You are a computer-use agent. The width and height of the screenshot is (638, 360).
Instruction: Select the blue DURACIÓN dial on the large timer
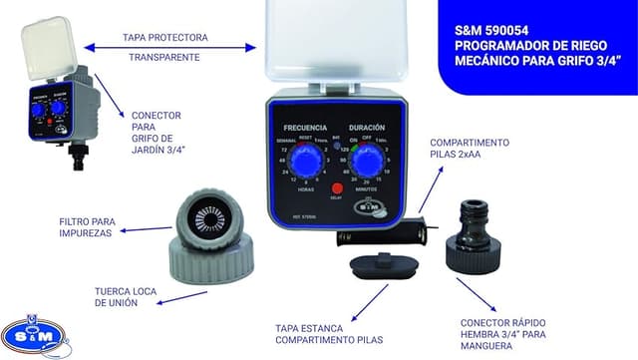[x=368, y=164]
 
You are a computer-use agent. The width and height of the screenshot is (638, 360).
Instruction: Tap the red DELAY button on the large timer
[x=337, y=188]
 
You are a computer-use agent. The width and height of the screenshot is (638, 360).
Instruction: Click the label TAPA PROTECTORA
[x=165, y=37]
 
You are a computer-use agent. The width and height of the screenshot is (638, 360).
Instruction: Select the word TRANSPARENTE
[x=164, y=57]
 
